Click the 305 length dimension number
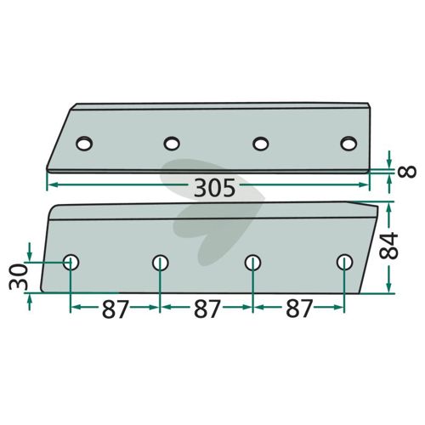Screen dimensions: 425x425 click(215, 188)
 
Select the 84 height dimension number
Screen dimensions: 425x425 click(389, 246)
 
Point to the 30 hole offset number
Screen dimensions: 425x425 click(19, 276)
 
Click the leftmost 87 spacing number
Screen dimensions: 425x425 click(116, 309)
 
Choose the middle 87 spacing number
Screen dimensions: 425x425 click(207, 309)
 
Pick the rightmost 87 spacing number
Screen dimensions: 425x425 click(299, 309)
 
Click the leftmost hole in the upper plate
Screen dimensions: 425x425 click(84, 144)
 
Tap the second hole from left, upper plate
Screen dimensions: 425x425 click(172, 144)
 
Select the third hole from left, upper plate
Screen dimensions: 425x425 click(261, 144)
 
